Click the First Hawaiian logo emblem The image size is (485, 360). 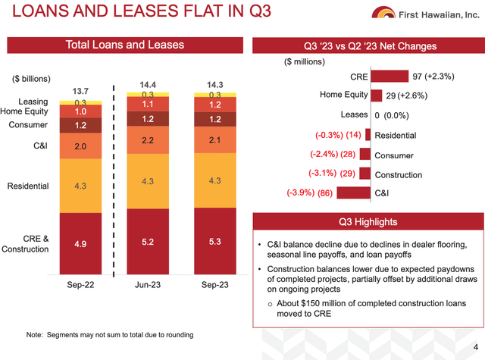click(x=383, y=12)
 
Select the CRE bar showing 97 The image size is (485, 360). click(x=390, y=76)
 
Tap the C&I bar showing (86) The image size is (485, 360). click(x=354, y=193)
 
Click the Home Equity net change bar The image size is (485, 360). click(x=376, y=95)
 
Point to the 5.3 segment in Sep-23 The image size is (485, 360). click(x=215, y=241)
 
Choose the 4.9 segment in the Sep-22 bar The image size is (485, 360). click(x=80, y=244)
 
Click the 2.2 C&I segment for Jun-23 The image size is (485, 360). click(x=148, y=140)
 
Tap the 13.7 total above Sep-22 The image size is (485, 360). click(x=80, y=91)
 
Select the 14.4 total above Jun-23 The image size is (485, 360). click(x=148, y=84)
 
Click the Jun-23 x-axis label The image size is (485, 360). click(x=148, y=284)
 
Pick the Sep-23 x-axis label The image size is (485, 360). click(x=215, y=284)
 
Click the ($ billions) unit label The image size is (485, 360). click(x=31, y=79)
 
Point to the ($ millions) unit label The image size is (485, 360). click(x=305, y=62)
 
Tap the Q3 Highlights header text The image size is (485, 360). click(x=368, y=222)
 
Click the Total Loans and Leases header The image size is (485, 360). click(x=125, y=45)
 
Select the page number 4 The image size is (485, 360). click(x=476, y=347)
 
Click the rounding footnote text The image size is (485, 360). click(x=110, y=335)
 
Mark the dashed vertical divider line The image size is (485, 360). click(x=114, y=181)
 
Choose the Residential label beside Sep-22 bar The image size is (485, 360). click(x=28, y=186)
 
